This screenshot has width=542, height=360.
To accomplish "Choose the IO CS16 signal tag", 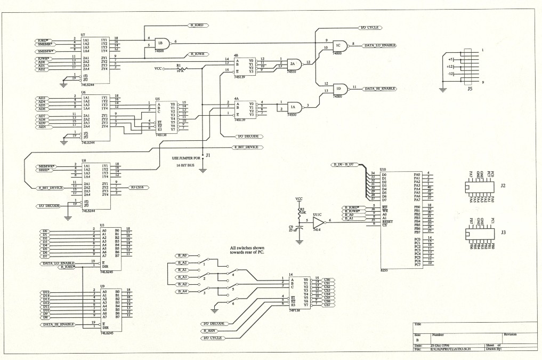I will [140, 188].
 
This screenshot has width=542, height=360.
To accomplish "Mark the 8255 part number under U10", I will [384, 271].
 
